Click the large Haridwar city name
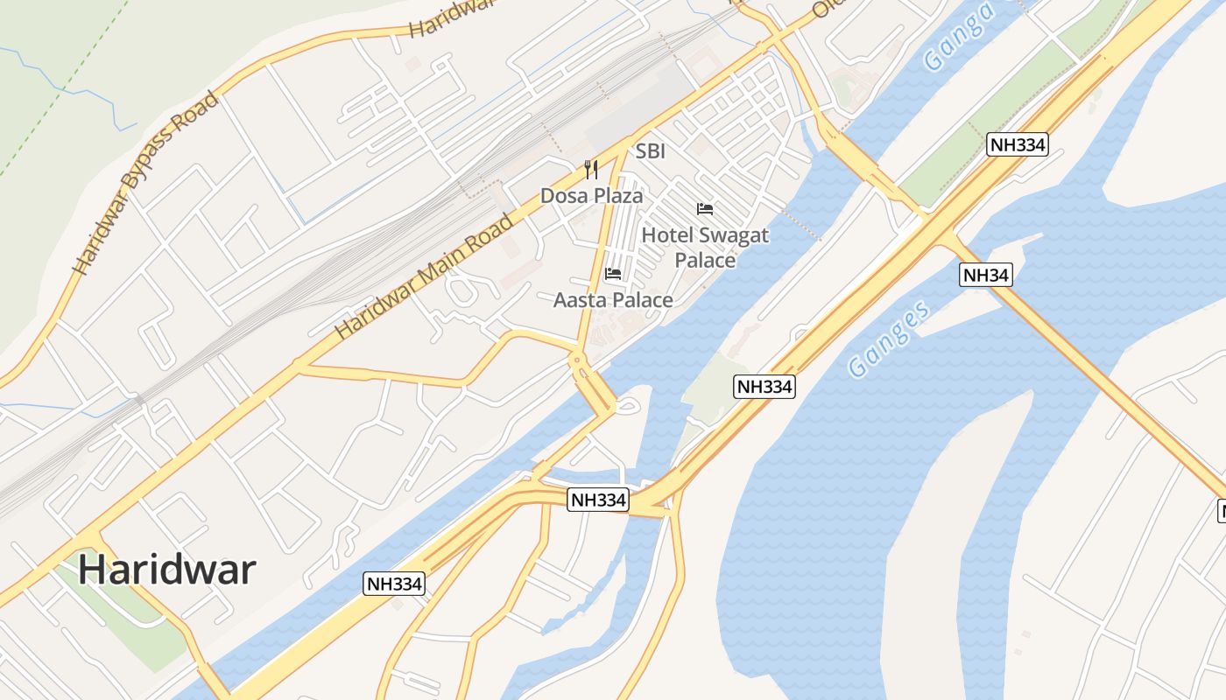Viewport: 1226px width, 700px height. (166, 570)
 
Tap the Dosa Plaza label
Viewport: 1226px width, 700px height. (591, 195)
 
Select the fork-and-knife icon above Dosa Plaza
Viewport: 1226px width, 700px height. (591, 169)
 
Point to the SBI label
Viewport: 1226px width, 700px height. (651, 151)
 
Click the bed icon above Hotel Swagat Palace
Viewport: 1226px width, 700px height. (704, 209)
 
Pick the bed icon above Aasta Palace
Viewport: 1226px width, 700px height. (613, 274)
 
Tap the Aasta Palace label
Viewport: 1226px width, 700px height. (613, 300)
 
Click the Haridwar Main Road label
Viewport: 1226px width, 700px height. (424, 276)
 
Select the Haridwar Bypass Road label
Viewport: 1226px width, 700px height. (145, 182)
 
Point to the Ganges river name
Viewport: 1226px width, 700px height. (888, 339)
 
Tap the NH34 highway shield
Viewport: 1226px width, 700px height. (986, 275)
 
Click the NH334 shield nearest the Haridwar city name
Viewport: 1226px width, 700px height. (394, 584)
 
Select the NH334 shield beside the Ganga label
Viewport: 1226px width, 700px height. (1018, 144)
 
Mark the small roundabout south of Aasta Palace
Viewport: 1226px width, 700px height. (576, 360)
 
